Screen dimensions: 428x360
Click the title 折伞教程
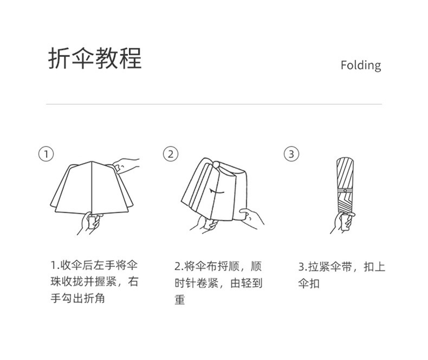coord(95,59)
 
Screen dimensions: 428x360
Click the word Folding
coord(360,66)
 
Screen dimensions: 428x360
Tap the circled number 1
coord(47,154)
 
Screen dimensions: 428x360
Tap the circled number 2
coord(170,154)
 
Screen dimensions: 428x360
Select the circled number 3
coord(291,154)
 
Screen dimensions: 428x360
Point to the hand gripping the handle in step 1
coord(90,223)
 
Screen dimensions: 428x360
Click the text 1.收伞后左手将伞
coord(94,266)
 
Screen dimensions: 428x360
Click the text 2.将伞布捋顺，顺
coord(218,266)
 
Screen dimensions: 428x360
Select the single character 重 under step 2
coord(180,300)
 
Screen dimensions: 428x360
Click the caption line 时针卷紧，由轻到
coord(218,282)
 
